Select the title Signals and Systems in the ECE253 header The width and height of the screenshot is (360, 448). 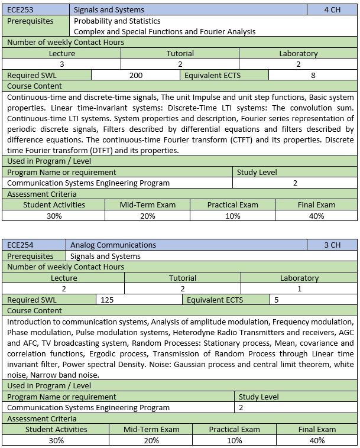(x=109, y=10)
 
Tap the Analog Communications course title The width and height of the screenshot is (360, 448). (x=113, y=245)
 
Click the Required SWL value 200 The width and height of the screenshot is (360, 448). (x=136, y=75)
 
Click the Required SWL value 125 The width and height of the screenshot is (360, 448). (x=107, y=300)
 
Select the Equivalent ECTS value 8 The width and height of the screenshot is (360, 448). (x=313, y=75)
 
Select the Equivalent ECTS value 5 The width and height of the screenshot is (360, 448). (x=276, y=300)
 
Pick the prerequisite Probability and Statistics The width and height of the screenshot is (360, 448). (x=109, y=21)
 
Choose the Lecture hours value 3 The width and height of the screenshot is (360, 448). (x=62, y=64)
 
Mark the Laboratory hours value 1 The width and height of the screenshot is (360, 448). (x=299, y=288)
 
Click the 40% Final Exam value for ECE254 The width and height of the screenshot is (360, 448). (x=317, y=440)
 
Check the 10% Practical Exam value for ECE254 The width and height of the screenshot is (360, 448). (x=235, y=440)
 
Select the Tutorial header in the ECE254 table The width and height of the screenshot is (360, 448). (x=183, y=278)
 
